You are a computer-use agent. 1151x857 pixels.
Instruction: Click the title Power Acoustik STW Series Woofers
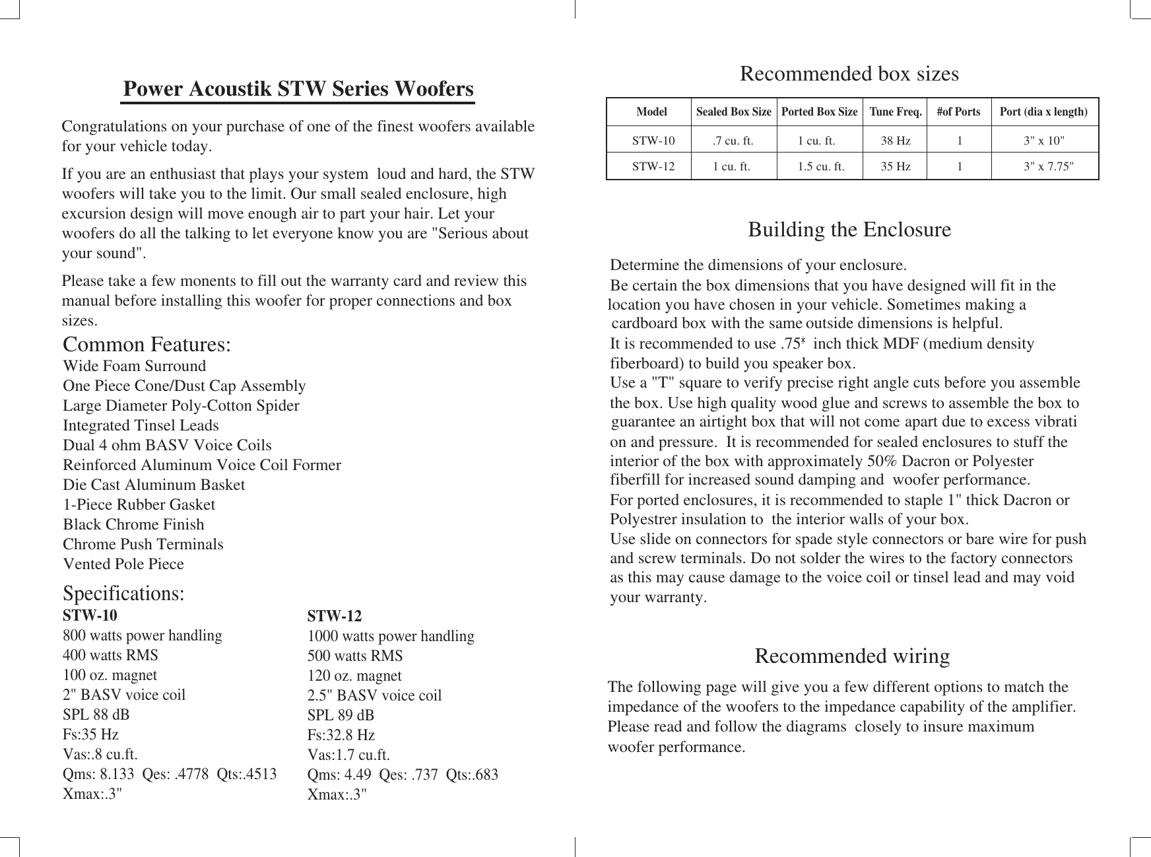(x=298, y=88)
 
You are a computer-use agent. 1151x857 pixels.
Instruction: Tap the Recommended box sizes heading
(x=849, y=73)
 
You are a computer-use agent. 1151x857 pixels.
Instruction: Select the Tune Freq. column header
(x=896, y=112)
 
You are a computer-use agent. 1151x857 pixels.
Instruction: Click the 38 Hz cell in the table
(x=896, y=141)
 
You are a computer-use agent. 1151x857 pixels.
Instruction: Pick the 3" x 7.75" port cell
(x=1048, y=166)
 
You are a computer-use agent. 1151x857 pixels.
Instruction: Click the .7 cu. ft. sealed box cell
(x=733, y=141)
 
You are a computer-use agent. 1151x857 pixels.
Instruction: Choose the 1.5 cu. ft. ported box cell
(x=821, y=166)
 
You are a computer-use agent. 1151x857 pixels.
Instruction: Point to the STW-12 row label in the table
(x=653, y=166)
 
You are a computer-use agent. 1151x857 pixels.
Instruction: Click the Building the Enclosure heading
(x=849, y=230)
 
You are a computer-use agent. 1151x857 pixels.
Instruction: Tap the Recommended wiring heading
(x=851, y=656)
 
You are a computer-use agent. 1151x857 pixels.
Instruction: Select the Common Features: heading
(x=147, y=345)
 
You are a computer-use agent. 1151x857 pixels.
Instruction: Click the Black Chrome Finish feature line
(x=133, y=524)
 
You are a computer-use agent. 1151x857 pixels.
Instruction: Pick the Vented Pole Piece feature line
(x=123, y=564)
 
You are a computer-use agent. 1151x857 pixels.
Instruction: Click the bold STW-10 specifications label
(x=90, y=616)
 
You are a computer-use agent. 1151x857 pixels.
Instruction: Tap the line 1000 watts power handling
(x=391, y=636)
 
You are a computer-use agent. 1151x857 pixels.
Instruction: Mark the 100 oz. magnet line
(x=110, y=675)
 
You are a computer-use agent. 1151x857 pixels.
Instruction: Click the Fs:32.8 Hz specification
(x=341, y=735)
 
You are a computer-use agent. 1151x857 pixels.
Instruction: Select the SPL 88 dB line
(x=96, y=715)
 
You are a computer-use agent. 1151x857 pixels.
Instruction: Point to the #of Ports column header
(x=958, y=112)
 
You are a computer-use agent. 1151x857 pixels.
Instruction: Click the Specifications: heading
(x=123, y=594)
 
